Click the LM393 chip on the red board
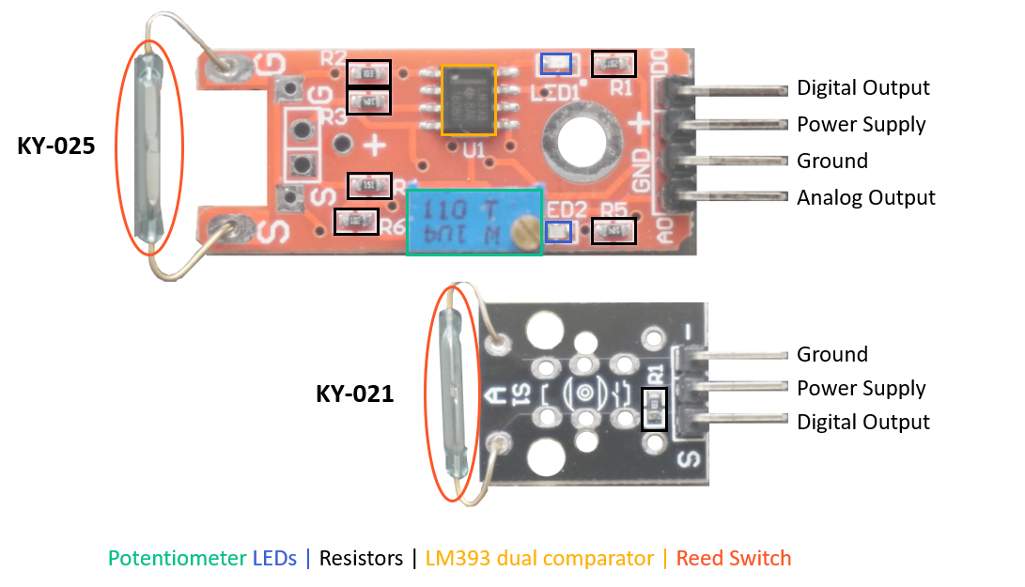(x=468, y=100)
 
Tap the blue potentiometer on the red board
(x=474, y=222)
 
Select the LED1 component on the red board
(x=557, y=64)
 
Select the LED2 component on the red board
(x=558, y=232)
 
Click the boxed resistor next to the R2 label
(x=368, y=72)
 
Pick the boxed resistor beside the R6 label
(x=357, y=222)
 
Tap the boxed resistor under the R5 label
(x=613, y=230)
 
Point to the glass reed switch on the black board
(x=448, y=394)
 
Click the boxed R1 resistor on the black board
(x=654, y=409)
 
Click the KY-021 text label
(x=354, y=394)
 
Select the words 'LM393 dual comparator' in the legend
(x=539, y=559)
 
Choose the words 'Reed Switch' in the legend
(x=734, y=559)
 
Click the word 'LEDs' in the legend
(x=274, y=559)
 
